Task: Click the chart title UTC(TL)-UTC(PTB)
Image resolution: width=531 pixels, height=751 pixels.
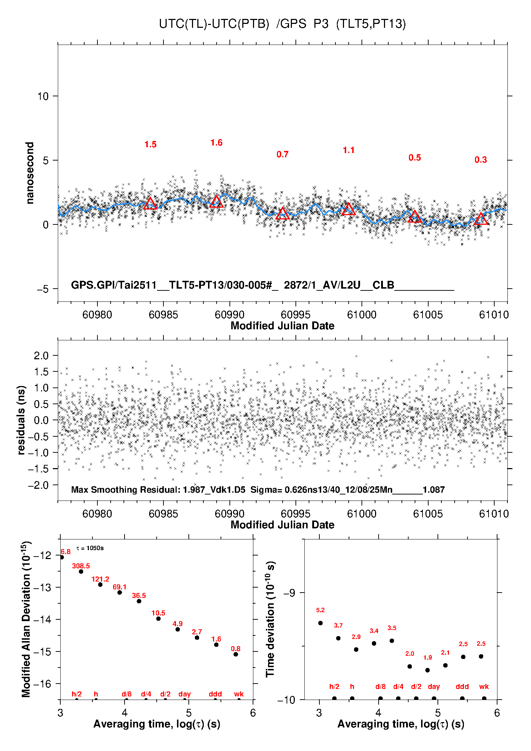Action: (214, 24)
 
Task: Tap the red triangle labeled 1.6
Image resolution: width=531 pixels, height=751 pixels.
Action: (217, 202)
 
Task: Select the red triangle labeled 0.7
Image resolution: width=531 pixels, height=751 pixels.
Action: (283, 214)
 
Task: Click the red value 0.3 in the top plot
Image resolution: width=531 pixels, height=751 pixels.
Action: (481, 160)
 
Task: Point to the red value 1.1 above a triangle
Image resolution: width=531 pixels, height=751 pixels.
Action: (349, 150)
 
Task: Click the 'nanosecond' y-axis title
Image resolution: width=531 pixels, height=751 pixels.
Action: (30, 173)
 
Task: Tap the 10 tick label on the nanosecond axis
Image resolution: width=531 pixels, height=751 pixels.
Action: (43, 96)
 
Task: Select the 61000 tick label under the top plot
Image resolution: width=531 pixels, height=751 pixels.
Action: (361, 315)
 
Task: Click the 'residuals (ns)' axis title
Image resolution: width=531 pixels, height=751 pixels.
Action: (21, 420)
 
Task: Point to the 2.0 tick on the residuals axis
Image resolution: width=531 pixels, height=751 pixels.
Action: (41, 355)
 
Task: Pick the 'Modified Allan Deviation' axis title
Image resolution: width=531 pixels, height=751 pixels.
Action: (26, 619)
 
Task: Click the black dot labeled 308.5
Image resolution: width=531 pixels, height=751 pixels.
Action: (81, 572)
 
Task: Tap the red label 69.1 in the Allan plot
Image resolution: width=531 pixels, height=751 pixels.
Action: (120, 587)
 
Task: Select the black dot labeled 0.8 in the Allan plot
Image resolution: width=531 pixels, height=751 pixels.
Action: (236, 654)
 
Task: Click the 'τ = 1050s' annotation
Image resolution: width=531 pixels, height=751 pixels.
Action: (90, 548)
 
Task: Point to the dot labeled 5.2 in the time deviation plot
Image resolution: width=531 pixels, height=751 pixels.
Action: (320, 623)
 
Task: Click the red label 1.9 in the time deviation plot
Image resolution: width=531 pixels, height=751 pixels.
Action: (428, 658)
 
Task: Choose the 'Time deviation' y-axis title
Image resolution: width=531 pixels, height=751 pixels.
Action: (270, 619)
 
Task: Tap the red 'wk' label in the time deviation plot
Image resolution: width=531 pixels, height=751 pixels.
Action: (484, 686)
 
